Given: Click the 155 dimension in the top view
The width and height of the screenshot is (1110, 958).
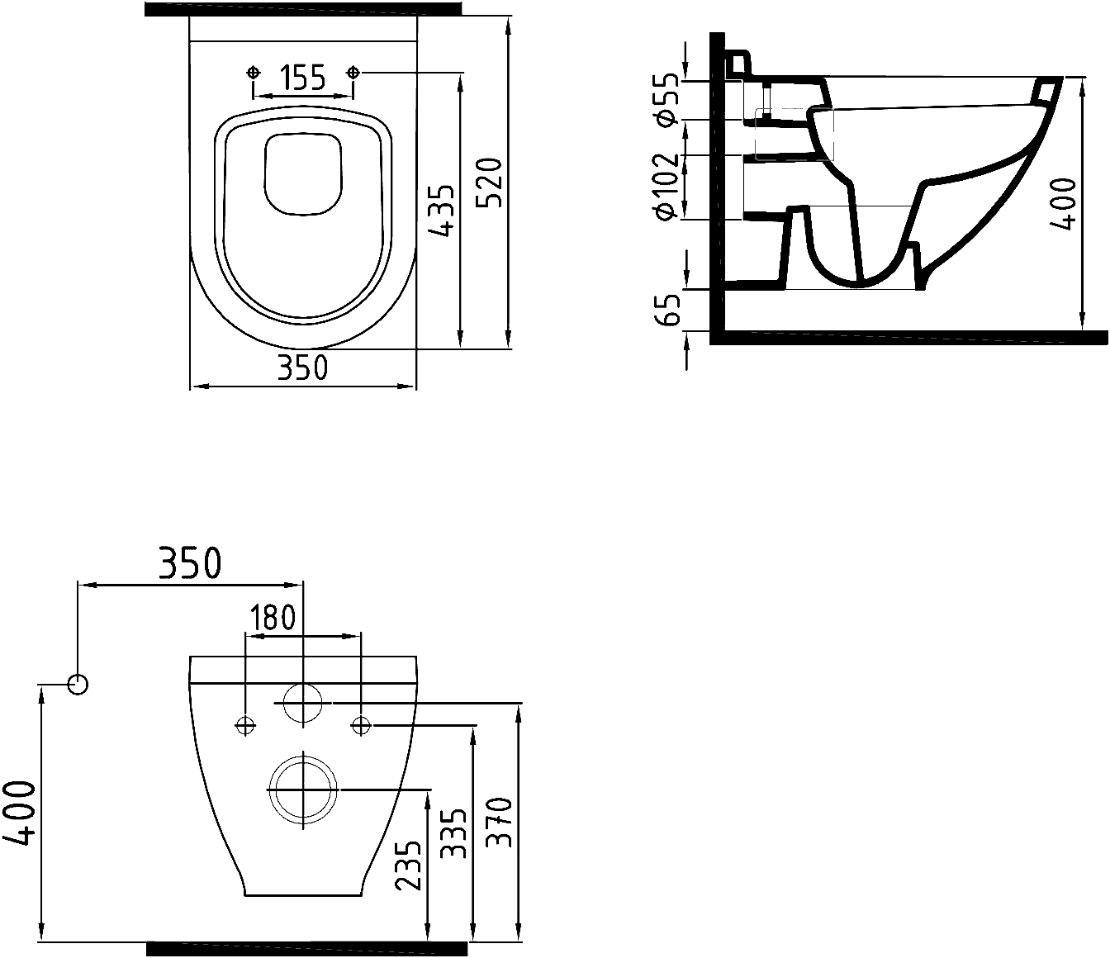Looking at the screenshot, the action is coord(303,78).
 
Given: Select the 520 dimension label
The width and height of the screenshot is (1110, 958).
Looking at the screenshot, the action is coord(490,183).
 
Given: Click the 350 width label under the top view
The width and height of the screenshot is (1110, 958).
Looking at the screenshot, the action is coord(302,368).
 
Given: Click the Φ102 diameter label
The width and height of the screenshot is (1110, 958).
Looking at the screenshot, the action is coord(667,187).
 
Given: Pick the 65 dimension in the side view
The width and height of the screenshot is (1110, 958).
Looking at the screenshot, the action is coord(668,310).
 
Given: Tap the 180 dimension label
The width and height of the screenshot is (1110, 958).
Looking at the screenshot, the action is coord(273,617).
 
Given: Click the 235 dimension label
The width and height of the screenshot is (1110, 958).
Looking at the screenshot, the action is coord(408,866).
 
